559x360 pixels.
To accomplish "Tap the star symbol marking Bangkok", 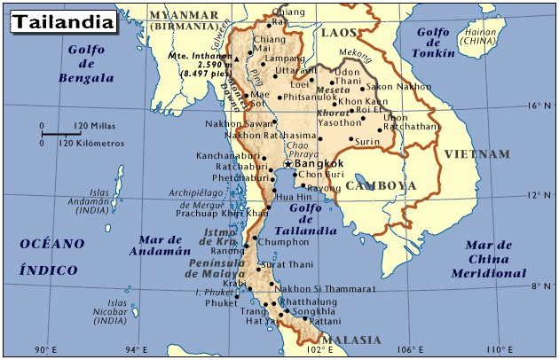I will [x=287, y=164].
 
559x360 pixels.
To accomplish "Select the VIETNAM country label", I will [x=477, y=154].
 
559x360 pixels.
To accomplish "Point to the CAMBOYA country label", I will [x=380, y=186].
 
